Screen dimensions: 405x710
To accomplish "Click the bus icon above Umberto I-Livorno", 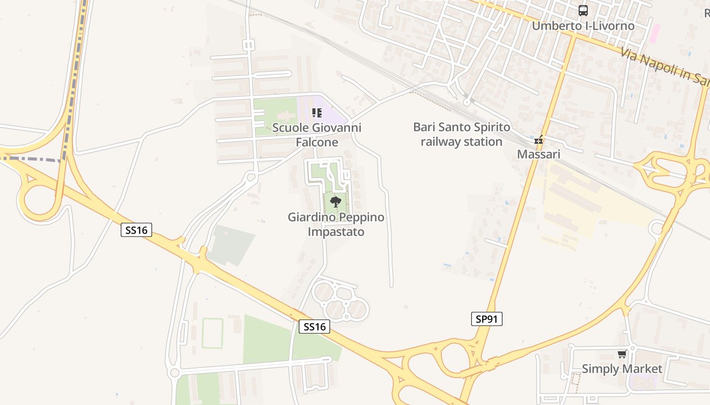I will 583,10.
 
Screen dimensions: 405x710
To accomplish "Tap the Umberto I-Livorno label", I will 583,25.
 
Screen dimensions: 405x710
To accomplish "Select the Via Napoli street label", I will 664,64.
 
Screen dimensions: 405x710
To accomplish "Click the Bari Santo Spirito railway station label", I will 461,134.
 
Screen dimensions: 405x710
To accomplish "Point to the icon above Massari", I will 539,140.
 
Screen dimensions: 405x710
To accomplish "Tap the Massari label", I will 539,154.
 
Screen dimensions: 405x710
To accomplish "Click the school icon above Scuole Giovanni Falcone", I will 317,113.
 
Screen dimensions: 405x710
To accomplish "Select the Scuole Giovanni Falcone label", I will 317,135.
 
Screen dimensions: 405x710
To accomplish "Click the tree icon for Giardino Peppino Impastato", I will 335,202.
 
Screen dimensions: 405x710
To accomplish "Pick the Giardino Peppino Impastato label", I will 336,224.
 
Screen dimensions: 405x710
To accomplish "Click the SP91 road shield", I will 486,319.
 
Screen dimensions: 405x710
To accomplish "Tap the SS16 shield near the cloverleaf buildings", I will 314,327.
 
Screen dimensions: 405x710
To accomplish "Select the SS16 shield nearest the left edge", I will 137,230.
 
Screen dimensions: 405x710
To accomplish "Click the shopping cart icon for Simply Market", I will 622,354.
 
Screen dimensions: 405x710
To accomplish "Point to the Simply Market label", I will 622,369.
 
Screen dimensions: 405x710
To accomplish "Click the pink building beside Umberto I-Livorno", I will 655,33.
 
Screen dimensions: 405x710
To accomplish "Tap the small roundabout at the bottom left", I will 175,374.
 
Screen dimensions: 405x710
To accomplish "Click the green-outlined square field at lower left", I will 212,333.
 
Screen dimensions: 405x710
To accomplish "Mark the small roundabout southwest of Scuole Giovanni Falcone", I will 250,177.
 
